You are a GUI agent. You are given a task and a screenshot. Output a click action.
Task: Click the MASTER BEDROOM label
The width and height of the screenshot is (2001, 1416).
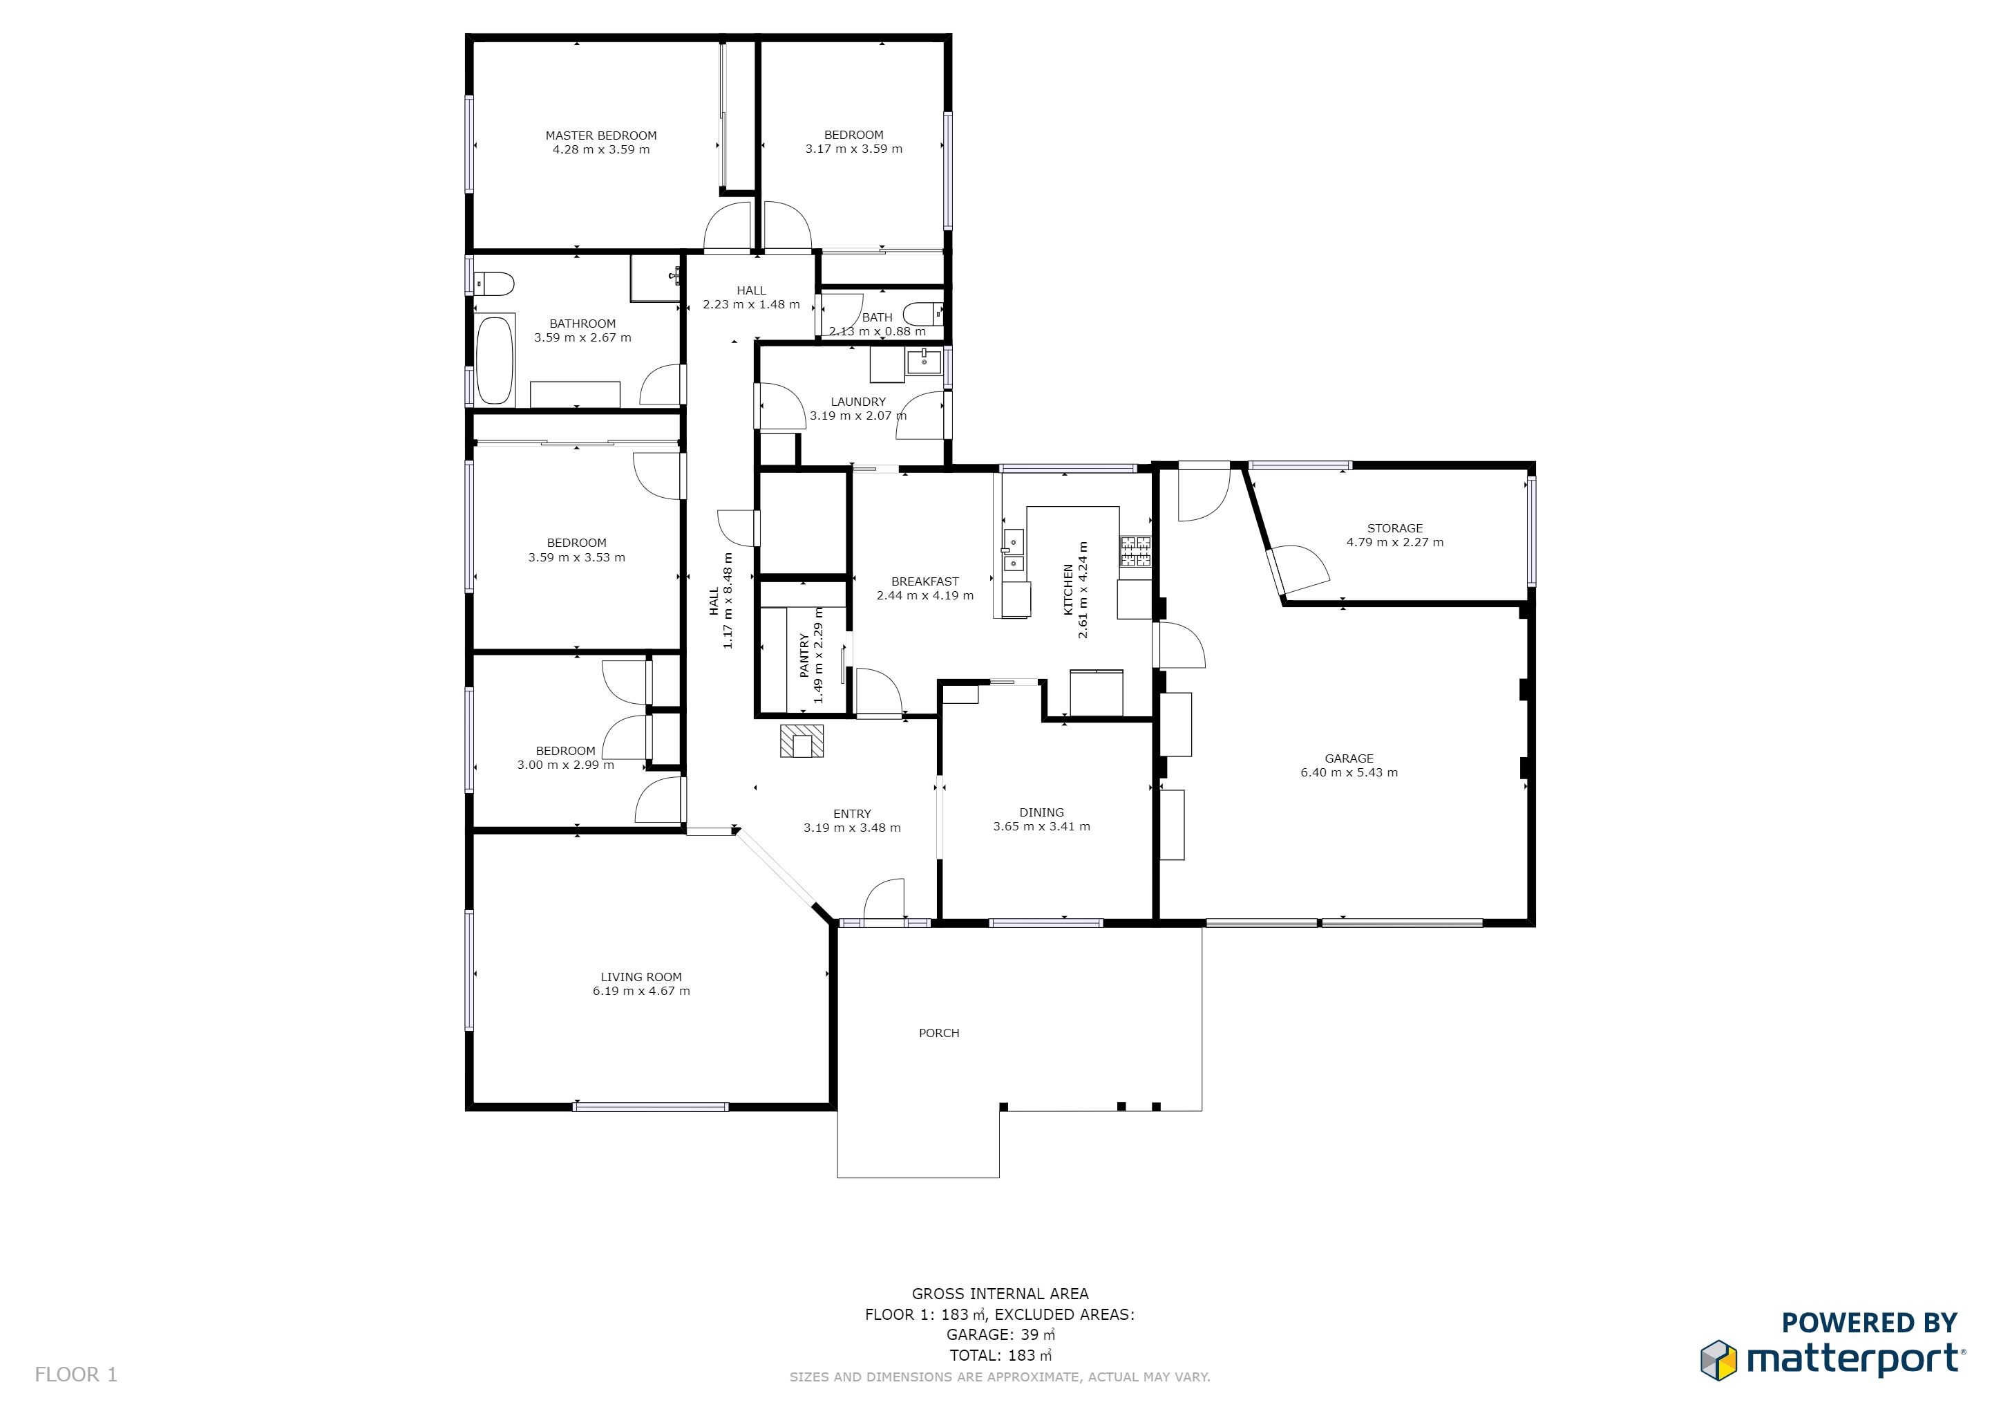(x=600, y=135)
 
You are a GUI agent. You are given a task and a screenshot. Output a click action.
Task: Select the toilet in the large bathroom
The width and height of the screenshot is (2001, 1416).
(x=494, y=283)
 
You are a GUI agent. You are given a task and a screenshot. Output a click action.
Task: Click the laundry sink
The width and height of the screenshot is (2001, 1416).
(x=924, y=361)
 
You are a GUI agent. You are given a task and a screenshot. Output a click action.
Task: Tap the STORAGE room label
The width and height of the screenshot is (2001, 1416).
(x=1394, y=528)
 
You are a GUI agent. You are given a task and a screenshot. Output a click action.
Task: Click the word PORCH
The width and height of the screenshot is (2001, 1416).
(x=938, y=1033)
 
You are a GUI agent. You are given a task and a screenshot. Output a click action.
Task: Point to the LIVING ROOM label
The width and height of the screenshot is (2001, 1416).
(x=641, y=978)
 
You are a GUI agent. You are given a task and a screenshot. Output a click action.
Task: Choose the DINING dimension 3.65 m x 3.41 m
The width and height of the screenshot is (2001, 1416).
(x=1041, y=827)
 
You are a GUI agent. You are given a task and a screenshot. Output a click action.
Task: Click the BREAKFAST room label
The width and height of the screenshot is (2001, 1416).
(x=924, y=581)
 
